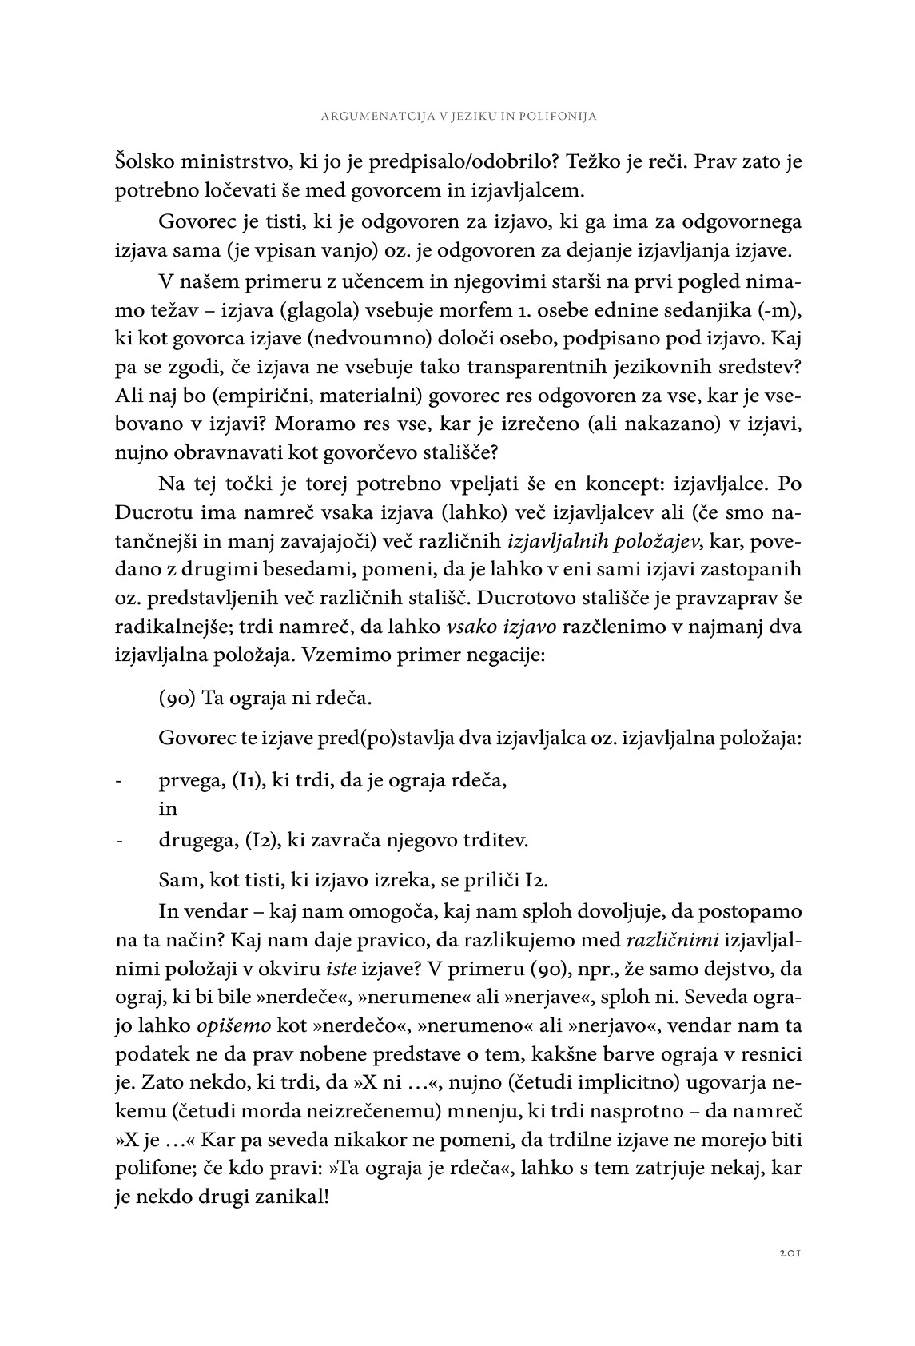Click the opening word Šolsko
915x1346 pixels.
point(145,162)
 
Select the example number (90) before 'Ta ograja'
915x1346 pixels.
point(177,698)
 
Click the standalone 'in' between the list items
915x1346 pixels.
point(167,809)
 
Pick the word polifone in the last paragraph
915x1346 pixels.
point(152,1170)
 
